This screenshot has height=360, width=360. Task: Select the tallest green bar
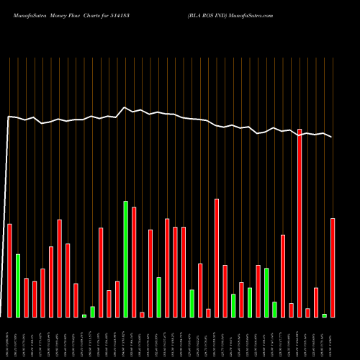click(126, 259)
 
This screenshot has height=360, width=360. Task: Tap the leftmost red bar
click(10, 270)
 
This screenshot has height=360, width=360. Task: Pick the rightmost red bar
click(333, 267)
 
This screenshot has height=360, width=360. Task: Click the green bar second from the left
click(18, 285)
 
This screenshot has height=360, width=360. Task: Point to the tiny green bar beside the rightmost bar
click(325, 315)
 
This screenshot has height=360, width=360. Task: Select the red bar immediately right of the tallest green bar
click(134, 262)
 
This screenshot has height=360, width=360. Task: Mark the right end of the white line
click(332, 137)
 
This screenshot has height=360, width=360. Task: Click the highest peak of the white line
click(125, 107)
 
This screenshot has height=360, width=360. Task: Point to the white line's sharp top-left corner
click(8, 116)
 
